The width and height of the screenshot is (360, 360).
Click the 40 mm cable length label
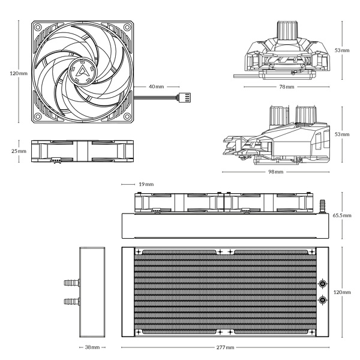(x=156, y=87)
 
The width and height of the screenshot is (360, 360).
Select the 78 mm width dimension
(x=286, y=87)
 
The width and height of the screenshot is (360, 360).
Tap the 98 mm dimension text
(x=275, y=172)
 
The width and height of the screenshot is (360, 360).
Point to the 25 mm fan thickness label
(x=18, y=151)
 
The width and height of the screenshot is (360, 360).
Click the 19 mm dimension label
(x=146, y=184)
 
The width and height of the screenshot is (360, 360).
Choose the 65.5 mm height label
(x=342, y=215)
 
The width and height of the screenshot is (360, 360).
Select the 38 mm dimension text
(x=92, y=347)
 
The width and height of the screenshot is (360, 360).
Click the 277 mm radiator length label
(x=226, y=347)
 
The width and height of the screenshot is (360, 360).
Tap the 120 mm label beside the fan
(x=19, y=73)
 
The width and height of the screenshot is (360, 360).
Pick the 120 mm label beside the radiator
(x=342, y=292)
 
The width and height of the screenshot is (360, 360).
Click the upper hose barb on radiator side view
(x=70, y=281)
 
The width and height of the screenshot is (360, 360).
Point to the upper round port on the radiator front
(x=322, y=284)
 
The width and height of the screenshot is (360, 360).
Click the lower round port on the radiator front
(x=322, y=299)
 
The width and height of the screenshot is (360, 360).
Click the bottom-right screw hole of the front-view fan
(x=127, y=116)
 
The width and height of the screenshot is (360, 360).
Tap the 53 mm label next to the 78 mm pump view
(x=342, y=50)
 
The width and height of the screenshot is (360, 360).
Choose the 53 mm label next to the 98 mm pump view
(x=342, y=134)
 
